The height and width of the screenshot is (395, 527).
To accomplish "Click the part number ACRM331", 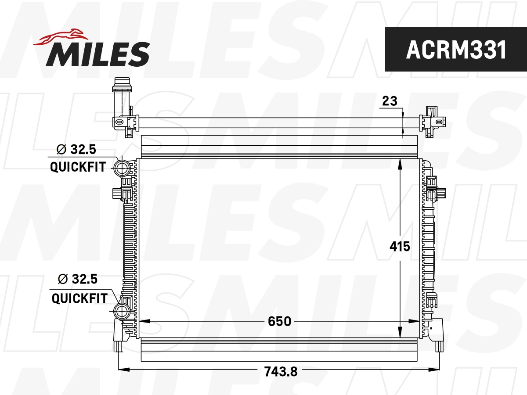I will pyautogui.click(x=456, y=50).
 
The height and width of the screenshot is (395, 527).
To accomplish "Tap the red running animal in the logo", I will pyautogui.click(x=61, y=37).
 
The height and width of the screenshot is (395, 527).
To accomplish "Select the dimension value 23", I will pyautogui.click(x=389, y=101).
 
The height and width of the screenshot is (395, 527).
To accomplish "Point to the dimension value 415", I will pyautogui.click(x=400, y=247).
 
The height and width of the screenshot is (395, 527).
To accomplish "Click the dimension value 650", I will pyautogui.click(x=279, y=321).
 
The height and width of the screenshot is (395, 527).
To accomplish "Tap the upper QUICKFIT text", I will pyautogui.click(x=78, y=167).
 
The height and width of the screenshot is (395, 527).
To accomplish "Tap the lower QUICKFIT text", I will pyautogui.click(x=79, y=298).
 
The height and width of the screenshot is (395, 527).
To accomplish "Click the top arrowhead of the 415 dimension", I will pyautogui.click(x=400, y=163).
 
